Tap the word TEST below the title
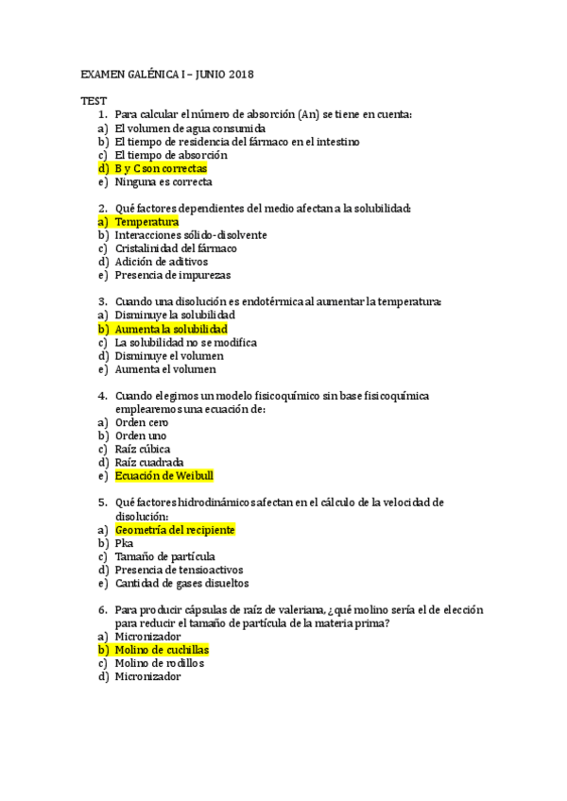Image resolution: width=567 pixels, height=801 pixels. click(94, 100)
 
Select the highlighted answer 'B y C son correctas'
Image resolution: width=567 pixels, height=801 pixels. click(161, 168)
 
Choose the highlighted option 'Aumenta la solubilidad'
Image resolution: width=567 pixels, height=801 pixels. click(171, 329)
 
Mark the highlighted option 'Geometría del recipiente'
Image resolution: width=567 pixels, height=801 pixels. click(175, 530)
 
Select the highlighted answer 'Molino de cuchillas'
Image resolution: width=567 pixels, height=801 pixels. click(162, 650)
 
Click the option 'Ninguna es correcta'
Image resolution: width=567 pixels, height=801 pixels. click(163, 181)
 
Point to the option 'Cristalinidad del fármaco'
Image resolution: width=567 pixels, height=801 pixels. click(176, 248)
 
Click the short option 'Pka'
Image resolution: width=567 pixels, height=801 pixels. click(124, 543)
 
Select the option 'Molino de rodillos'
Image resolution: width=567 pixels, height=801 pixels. click(159, 663)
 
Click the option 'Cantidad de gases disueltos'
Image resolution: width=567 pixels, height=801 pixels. click(181, 584)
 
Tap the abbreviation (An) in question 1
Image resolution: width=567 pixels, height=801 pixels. click(308, 114)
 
